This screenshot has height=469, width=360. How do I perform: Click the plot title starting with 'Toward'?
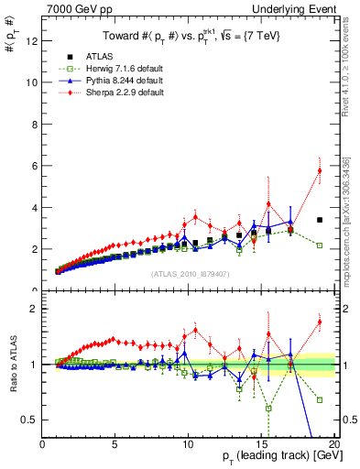pyautogui.click(x=190, y=35)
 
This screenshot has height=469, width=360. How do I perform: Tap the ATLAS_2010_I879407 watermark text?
pyautogui.click(x=190, y=273)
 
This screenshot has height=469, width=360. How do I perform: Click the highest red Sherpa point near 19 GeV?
pyautogui.click(x=319, y=170)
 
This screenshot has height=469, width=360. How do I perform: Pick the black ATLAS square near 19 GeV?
pyautogui.click(x=319, y=220)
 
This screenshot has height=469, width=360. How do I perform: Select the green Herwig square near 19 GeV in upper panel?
pyautogui.click(x=319, y=245)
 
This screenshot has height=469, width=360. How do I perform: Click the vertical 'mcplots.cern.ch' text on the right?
pyautogui.click(x=352, y=229)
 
